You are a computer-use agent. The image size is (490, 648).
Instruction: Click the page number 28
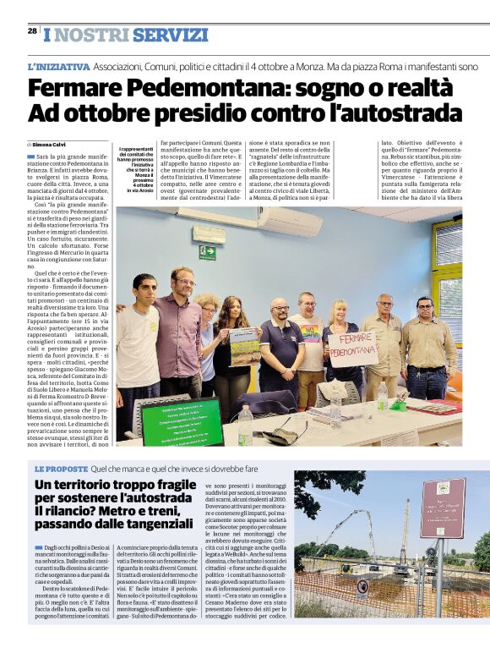32,31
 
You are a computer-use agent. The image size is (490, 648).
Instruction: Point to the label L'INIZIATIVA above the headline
58,66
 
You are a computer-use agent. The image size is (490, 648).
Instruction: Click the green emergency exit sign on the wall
207,251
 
